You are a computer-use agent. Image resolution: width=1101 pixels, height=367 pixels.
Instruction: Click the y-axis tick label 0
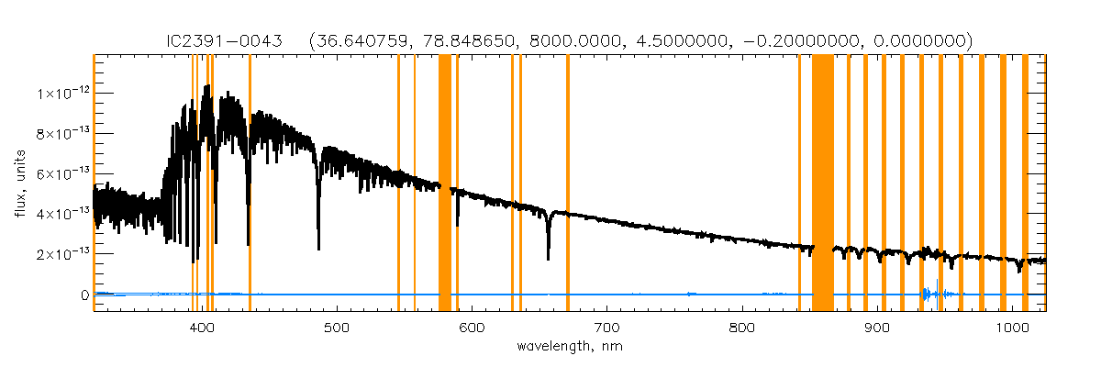[x=83, y=295]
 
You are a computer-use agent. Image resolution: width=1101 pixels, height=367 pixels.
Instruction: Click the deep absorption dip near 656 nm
[x=548, y=257]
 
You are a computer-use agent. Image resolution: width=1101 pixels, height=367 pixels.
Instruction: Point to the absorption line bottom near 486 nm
[x=318, y=247]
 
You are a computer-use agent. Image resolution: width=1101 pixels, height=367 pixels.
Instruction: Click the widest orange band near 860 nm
[x=823, y=183]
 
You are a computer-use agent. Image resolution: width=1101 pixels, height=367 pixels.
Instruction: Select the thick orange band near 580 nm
[x=445, y=183]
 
